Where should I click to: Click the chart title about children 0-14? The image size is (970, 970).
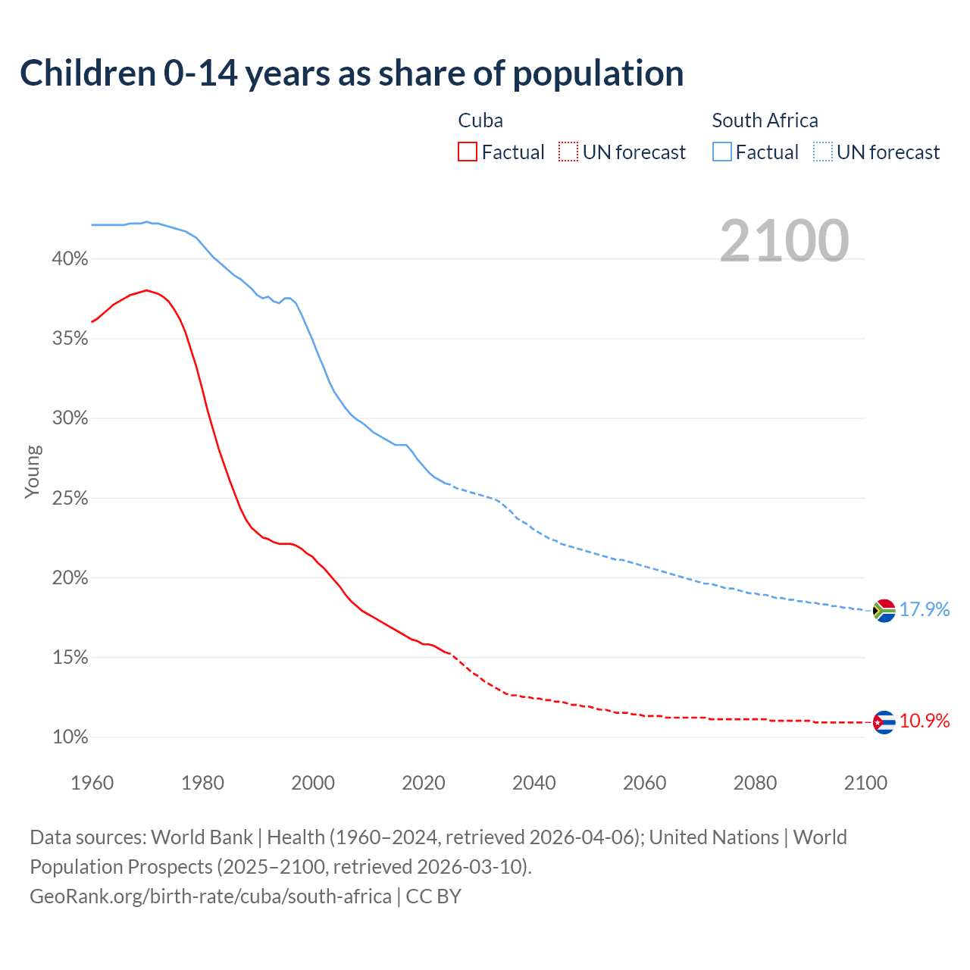pyautogui.click(x=352, y=74)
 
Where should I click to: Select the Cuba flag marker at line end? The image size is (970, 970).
pyautogui.click(x=884, y=722)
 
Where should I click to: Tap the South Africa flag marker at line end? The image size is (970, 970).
pyautogui.click(x=884, y=610)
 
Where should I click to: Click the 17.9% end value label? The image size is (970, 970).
pyautogui.click(x=925, y=609)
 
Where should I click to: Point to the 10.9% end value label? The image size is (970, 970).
pyautogui.click(x=925, y=721)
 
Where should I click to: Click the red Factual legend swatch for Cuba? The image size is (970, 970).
pyautogui.click(x=468, y=152)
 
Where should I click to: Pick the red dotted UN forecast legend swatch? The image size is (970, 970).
pyautogui.click(x=568, y=152)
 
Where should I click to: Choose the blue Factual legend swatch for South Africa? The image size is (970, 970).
pyautogui.click(x=722, y=152)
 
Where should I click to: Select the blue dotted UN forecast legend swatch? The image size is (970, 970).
pyautogui.click(x=823, y=152)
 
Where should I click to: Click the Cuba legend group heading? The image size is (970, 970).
pyautogui.click(x=480, y=120)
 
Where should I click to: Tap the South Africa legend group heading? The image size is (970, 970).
pyautogui.click(x=765, y=120)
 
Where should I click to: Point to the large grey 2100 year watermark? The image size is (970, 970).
pyautogui.click(x=784, y=241)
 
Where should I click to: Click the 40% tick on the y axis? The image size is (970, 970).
pyautogui.click(x=70, y=259)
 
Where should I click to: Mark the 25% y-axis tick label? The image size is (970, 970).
pyautogui.click(x=70, y=499)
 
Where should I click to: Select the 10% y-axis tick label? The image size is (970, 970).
pyautogui.click(x=70, y=737)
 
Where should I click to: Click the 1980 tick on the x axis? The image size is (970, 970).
pyautogui.click(x=202, y=783)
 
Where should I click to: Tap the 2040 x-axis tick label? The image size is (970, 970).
pyautogui.click(x=534, y=783)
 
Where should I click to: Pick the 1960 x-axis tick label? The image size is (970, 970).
pyautogui.click(x=92, y=783)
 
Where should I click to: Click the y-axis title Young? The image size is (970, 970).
pyautogui.click(x=33, y=471)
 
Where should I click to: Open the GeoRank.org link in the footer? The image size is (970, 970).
pyautogui.click(x=211, y=896)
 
